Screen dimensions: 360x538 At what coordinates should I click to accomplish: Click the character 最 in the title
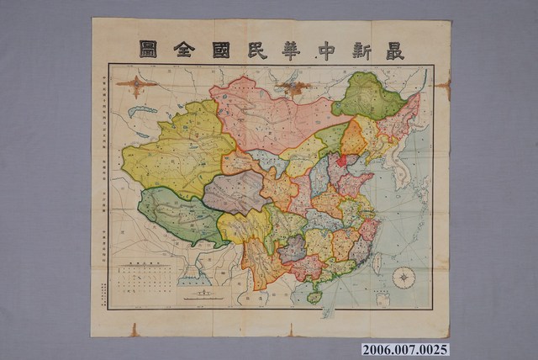tap(391, 51)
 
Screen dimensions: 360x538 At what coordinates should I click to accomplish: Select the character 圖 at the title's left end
tap(149, 50)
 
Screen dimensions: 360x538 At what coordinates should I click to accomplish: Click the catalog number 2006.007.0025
tap(404, 348)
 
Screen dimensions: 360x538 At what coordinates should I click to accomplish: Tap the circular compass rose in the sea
tap(404, 277)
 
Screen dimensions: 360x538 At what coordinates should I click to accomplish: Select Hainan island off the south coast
tap(314, 296)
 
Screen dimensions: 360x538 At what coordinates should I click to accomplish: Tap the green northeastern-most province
tap(370, 94)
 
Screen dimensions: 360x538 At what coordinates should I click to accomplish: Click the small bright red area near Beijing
tap(341, 160)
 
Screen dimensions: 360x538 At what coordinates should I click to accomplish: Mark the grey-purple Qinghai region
tap(235, 192)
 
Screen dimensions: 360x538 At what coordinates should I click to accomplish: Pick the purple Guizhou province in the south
tap(292, 248)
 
